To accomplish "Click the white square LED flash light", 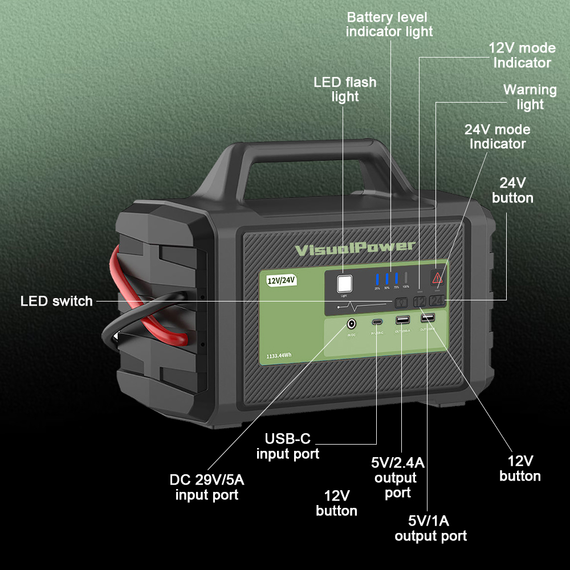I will (x=344, y=284).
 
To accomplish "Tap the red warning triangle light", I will (x=437, y=278).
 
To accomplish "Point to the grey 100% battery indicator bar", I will (x=406, y=279).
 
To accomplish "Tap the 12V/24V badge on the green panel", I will (x=282, y=279).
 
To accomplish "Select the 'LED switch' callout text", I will (x=56, y=301).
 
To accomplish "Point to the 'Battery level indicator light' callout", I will (x=389, y=24).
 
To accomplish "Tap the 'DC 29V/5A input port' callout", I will (x=207, y=487).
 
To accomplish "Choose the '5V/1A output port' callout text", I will (x=430, y=528).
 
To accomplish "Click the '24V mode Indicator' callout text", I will (x=498, y=137).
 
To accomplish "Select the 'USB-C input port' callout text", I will (x=288, y=446).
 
